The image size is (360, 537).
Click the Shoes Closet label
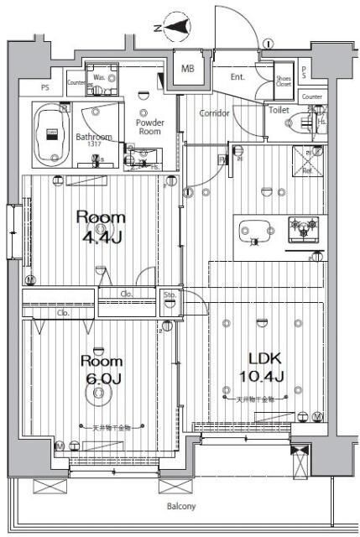(284, 81)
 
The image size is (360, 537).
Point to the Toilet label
(279, 110)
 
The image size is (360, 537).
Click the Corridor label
(215, 113)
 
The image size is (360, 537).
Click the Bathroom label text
(93, 137)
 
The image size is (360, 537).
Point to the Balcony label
(180, 506)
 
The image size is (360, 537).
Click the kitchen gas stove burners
(303, 225)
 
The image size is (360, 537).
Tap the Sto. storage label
(170, 295)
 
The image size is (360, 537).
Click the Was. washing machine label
(99, 78)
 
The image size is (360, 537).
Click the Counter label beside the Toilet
(311, 96)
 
